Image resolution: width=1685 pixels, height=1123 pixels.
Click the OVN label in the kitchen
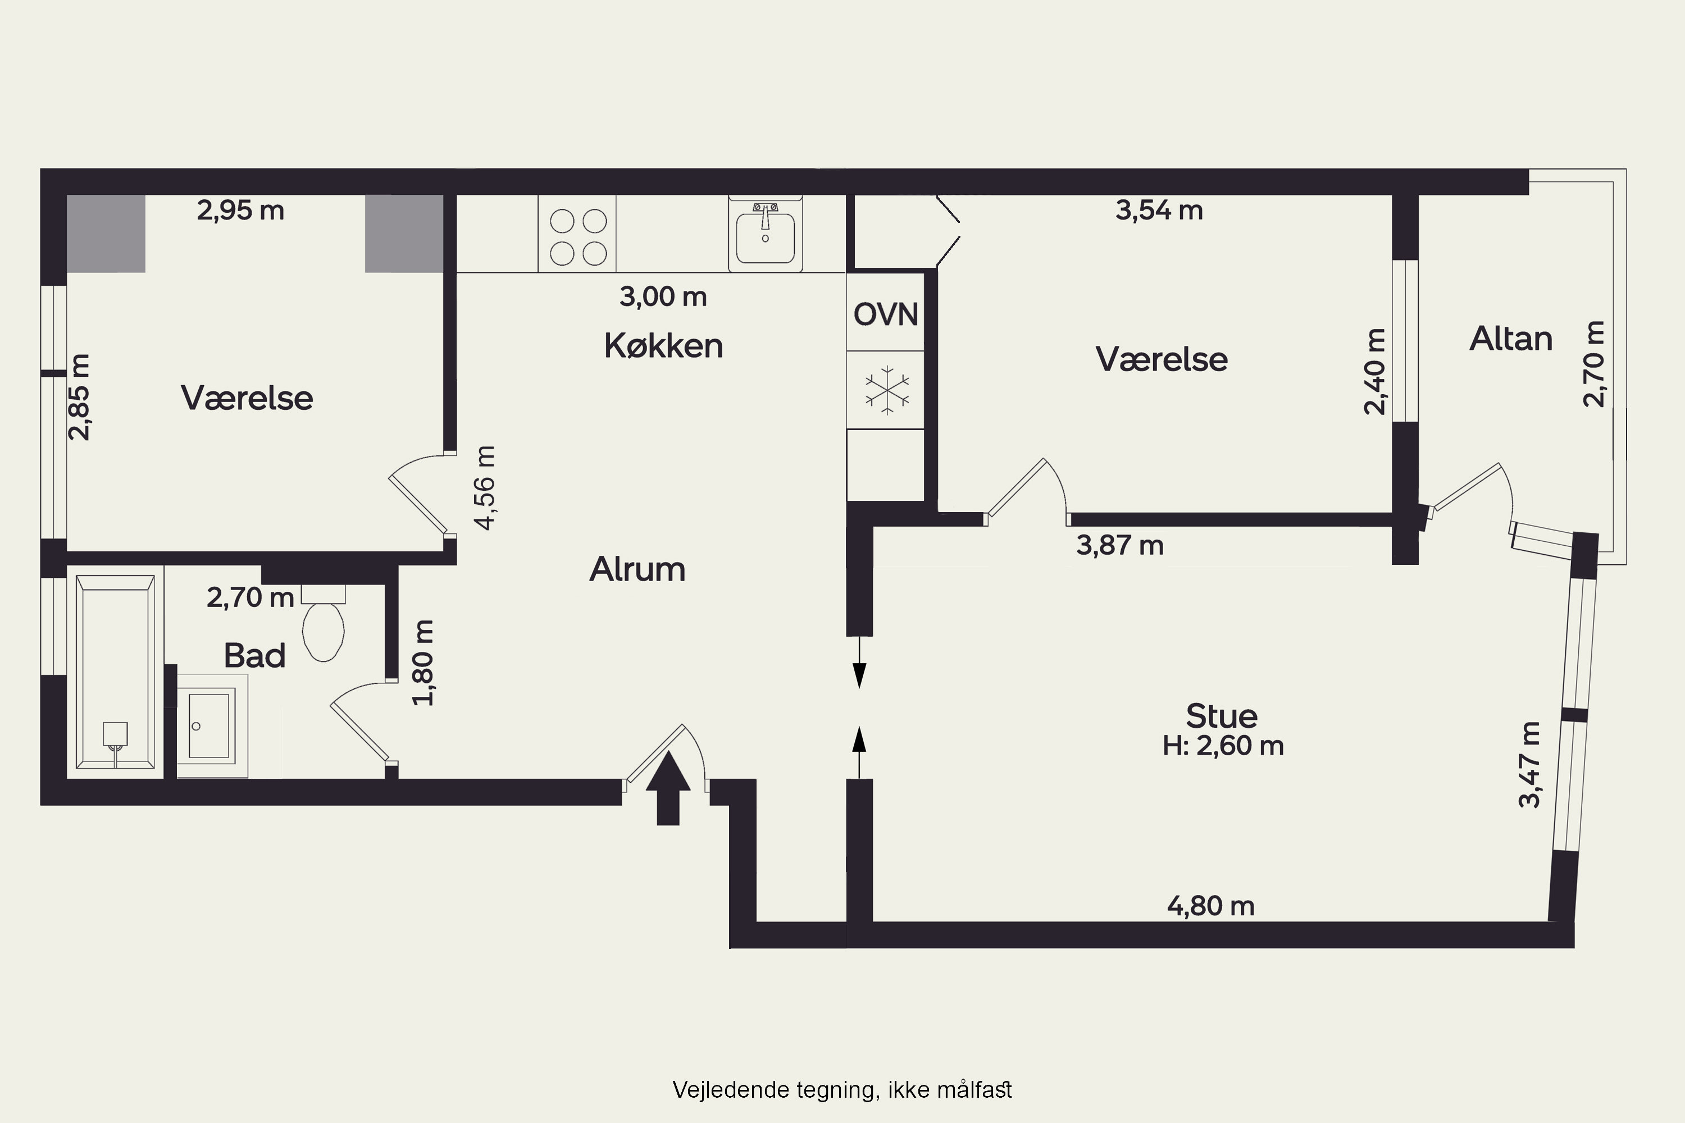pyautogui.click(x=886, y=315)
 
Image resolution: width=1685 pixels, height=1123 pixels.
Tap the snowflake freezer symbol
pyautogui.click(x=887, y=390)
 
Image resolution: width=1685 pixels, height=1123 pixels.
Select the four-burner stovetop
pyautogui.click(x=577, y=234)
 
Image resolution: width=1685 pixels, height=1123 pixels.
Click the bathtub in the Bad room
pyautogui.click(x=115, y=672)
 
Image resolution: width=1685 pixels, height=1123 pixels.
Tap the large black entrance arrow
pyautogui.click(x=668, y=787)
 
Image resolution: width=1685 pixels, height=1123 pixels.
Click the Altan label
pyautogui.click(x=1511, y=339)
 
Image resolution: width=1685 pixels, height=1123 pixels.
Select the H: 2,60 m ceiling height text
pyautogui.click(x=1222, y=746)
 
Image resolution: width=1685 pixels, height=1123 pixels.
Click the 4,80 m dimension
pyautogui.click(x=1211, y=907)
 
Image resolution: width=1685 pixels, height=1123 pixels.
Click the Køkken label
pyautogui.click(x=663, y=346)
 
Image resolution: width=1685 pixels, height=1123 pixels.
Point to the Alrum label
pyautogui.click(x=637, y=570)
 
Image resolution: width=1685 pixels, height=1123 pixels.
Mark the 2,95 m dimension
pyautogui.click(x=241, y=211)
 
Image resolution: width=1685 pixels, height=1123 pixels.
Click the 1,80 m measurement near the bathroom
pyautogui.click(x=423, y=663)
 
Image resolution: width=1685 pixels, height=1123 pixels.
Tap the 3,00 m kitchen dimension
pyautogui.click(x=663, y=296)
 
